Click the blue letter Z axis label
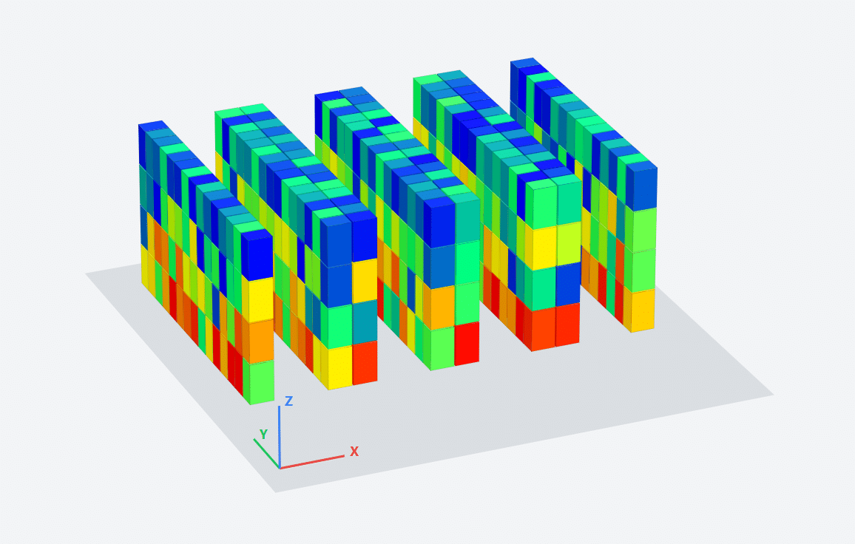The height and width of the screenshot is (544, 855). point(289,401)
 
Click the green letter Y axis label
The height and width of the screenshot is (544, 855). point(263,435)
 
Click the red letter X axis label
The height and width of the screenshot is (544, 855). point(354,452)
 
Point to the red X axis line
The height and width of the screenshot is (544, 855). point(312,462)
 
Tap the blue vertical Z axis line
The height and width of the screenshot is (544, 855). point(279,437)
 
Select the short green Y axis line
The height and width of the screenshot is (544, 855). point(267,453)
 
